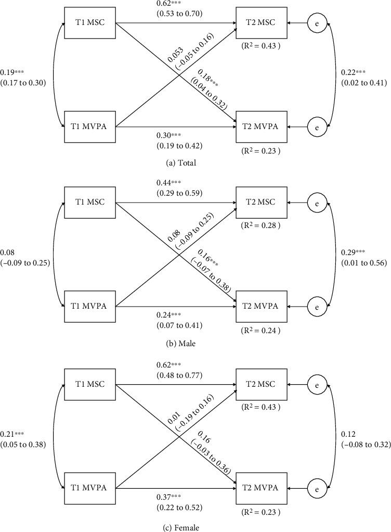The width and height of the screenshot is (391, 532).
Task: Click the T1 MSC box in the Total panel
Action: [x=89, y=22]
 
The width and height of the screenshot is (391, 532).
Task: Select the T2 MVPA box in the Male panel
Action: [x=262, y=306]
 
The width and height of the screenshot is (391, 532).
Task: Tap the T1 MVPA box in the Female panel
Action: [x=89, y=488]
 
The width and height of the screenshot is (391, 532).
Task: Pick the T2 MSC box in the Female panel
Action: [x=262, y=384]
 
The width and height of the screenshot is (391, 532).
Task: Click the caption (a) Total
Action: [x=180, y=162]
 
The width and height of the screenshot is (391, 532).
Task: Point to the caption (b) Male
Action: [x=181, y=344]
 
